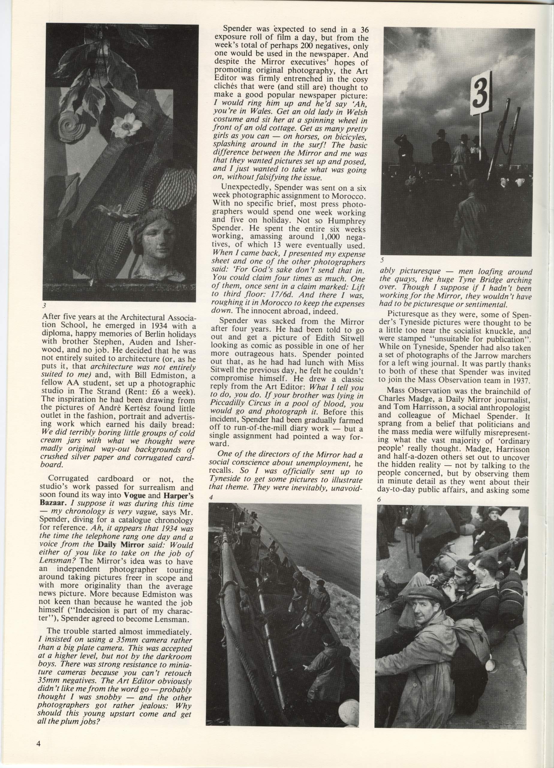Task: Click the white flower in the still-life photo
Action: click(x=126, y=126)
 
